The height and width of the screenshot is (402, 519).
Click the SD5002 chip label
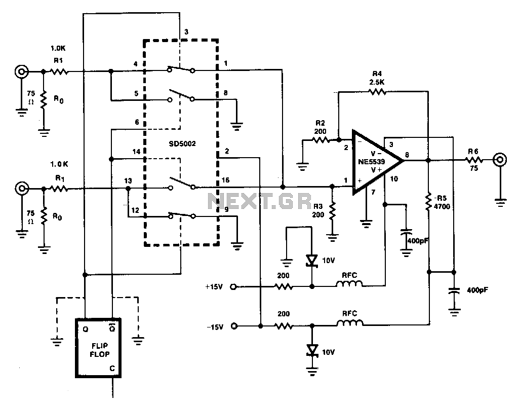click(182, 144)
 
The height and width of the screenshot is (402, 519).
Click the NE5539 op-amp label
click(372, 162)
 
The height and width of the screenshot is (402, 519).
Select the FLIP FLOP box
click(98, 348)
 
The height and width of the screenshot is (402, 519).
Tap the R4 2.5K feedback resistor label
click(377, 78)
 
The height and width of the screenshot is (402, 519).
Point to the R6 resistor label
click(473, 151)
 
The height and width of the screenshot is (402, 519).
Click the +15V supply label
click(214, 286)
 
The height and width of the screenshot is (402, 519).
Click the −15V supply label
click(215, 327)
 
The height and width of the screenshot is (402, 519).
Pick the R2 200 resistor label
click(320, 127)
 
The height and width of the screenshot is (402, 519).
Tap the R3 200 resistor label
click(318, 210)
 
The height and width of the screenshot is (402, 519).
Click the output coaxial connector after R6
click(500, 160)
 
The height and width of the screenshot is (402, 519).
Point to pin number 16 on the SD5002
click(225, 180)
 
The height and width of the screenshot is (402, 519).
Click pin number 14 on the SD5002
click(136, 152)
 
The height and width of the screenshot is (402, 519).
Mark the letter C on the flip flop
click(112, 368)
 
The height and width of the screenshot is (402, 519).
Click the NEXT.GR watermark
click(259, 201)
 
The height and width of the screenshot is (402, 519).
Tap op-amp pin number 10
click(393, 179)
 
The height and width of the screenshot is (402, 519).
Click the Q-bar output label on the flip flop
click(112, 328)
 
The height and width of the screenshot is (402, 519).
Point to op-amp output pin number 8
click(407, 155)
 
